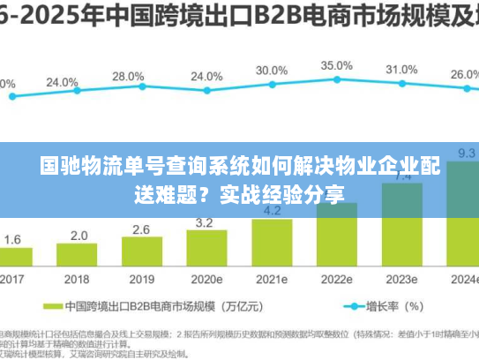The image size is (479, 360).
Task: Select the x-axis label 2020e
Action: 208,279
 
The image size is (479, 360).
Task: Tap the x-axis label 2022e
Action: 336,279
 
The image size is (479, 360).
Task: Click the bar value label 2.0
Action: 79,236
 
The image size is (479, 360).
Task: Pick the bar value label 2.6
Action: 142,229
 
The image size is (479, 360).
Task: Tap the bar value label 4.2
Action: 273,211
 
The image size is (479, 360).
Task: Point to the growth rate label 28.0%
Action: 128,77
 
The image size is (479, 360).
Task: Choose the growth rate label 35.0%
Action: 336,65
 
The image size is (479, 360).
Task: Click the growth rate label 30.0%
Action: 271,71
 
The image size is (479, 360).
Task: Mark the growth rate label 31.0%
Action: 401,70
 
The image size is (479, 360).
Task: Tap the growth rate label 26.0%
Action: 465,75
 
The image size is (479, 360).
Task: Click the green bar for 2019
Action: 142,252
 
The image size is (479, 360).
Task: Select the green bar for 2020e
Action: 207,249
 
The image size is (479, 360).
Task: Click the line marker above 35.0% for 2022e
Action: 336,82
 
